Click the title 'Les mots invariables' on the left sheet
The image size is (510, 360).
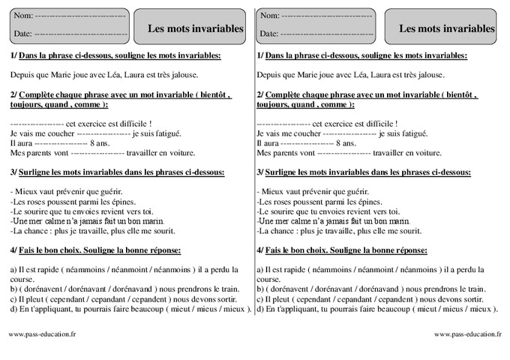pos(195,28)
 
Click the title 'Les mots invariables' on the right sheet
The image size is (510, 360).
pos(447,28)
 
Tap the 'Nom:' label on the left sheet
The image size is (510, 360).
pos(22,16)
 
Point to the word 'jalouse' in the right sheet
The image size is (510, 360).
pos(429,75)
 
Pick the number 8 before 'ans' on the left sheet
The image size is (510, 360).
pos(91,142)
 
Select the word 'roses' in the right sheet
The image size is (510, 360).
pos(279,202)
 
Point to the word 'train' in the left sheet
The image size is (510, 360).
pos(226,289)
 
